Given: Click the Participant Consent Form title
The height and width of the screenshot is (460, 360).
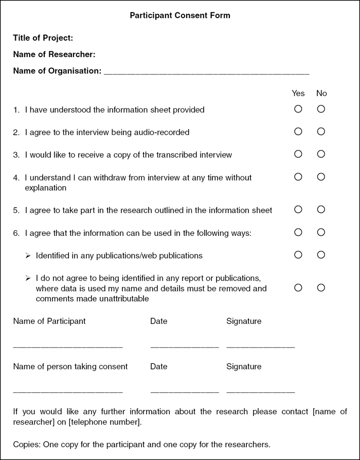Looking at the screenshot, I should click(180, 15).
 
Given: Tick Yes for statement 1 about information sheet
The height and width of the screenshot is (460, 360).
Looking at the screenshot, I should click(298, 109).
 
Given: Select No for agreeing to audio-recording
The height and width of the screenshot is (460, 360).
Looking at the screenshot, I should click(321, 132).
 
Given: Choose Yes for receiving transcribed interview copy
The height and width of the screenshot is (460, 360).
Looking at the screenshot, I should click(298, 154).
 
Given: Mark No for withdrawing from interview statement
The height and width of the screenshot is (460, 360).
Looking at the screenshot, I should click(321, 177).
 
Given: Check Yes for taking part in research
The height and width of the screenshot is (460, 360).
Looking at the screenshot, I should click(298, 210).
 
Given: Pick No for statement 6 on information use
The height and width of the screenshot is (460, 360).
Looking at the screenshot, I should click(321, 232).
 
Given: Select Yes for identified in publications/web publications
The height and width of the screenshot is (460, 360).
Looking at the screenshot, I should click(298, 255).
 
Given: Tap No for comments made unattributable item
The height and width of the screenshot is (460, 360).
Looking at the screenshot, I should click(321, 288).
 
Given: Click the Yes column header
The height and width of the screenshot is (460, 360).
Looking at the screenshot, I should click(298, 93).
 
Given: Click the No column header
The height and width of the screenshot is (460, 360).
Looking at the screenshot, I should click(321, 93).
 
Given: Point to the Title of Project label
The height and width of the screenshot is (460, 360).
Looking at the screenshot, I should click(43, 38).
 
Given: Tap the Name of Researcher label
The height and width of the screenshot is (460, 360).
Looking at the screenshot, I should click(54, 54).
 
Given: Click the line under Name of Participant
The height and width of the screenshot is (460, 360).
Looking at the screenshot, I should click(68, 347).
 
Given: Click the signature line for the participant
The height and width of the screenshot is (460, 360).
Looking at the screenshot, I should click(260, 347).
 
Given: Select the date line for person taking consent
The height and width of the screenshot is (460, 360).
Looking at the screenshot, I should click(185, 392).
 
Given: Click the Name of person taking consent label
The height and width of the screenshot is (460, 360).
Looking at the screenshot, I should click(70, 366).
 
